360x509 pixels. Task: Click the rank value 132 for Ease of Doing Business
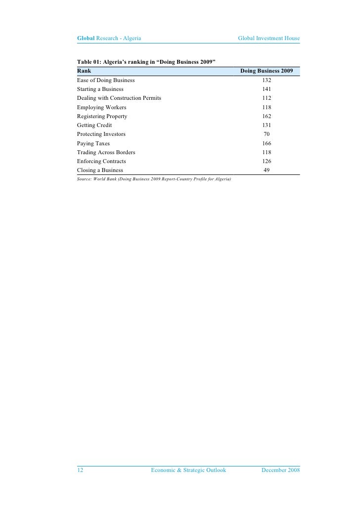[x=267, y=80]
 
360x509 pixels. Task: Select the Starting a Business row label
[x=100, y=89]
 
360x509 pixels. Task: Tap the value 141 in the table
[x=267, y=89]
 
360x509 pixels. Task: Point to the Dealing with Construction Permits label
[x=119, y=98]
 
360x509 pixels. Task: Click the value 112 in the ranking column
[x=267, y=98]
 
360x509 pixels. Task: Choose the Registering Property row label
[x=102, y=116]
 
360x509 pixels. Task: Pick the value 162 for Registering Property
[x=267, y=116]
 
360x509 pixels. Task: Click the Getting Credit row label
[x=94, y=126]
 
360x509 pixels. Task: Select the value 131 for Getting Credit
[x=267, y=126]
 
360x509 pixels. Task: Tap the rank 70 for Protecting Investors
[x=267, y=134]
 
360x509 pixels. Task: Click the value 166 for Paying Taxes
[x=267, y=143]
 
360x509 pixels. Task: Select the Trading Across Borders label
[x=106, y=152]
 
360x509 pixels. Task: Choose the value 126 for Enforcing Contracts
[x=267, y=161]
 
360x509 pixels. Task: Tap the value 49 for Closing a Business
[x=267, y=170]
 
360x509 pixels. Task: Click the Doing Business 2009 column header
[x=267, y=71]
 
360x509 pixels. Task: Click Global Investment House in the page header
[x=269, y=38]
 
